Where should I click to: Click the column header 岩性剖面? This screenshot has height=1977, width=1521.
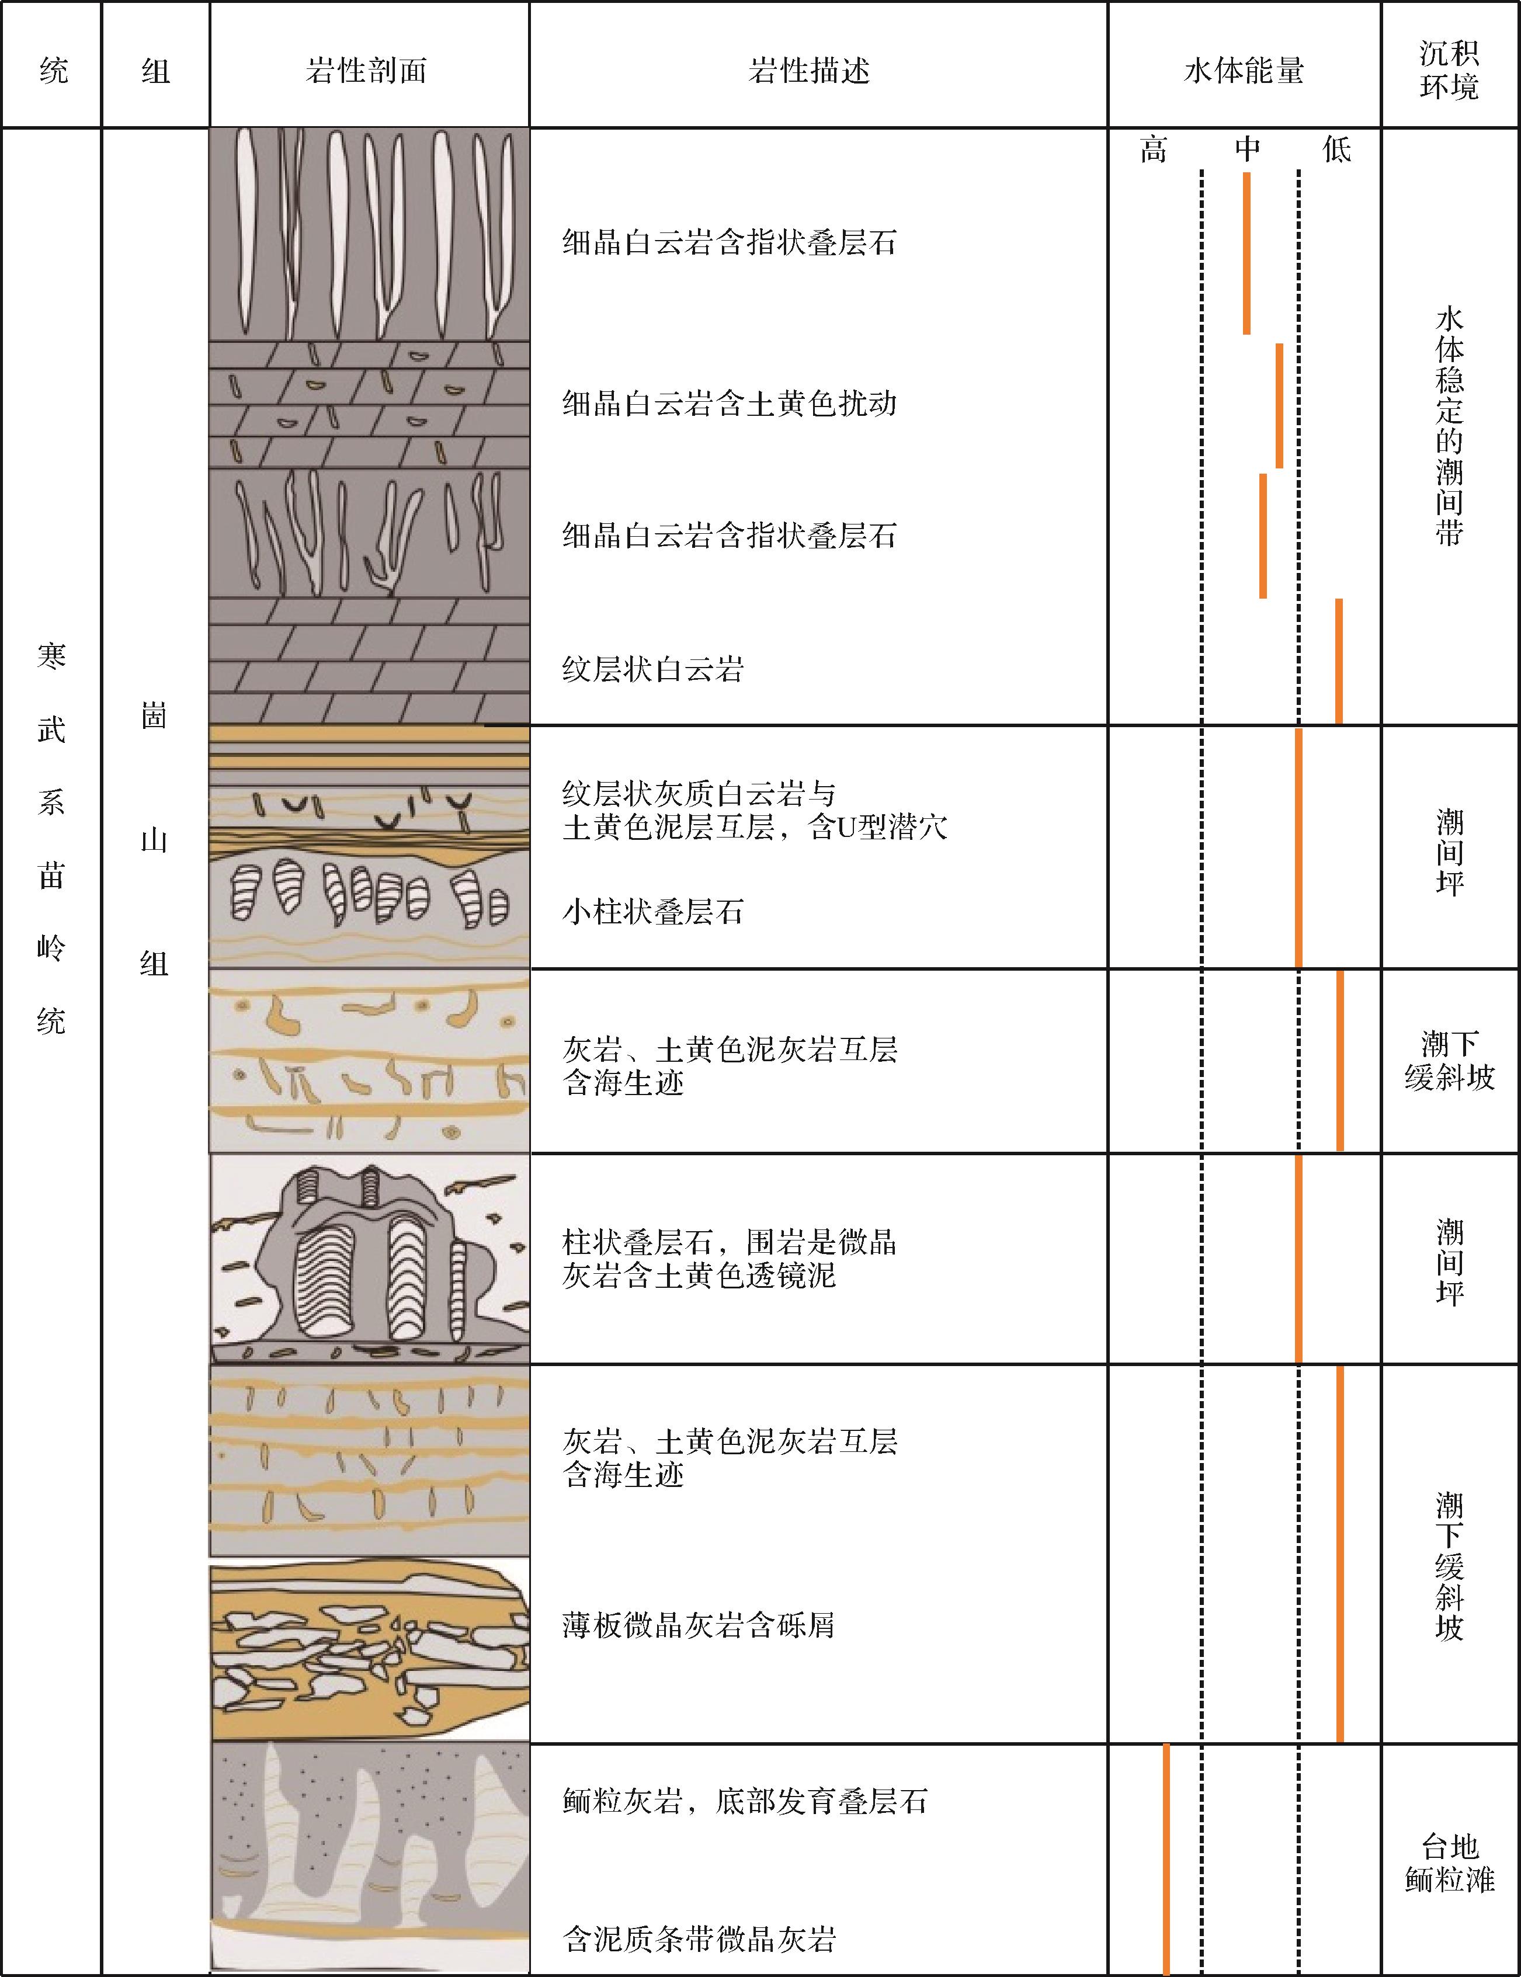point(367,71)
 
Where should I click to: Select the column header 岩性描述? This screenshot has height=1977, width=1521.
point(810,71)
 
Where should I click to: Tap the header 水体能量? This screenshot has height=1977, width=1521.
point(1244,71)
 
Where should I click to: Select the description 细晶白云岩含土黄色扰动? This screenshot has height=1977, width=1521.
point(730,403)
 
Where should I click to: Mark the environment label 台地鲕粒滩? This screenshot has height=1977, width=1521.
point(1450,1864)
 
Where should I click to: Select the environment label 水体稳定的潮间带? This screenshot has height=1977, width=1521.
point(1450,425)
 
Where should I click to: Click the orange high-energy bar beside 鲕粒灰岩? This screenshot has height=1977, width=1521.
point(1166,1860)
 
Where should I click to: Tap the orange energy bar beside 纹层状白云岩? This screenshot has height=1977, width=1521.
point(1339,661)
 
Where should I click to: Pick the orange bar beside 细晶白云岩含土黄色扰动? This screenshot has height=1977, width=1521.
point(1279,405)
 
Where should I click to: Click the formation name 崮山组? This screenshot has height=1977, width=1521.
point(155,840)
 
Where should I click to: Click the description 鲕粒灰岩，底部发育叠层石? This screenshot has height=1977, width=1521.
point(745,1801)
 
